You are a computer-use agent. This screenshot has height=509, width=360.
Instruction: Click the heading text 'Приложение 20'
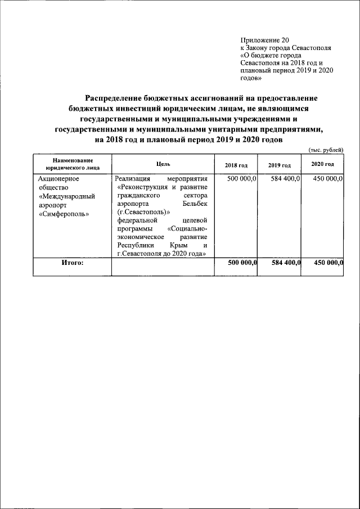tap(264, 40)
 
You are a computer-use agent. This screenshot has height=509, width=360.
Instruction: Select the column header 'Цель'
tap(163, 164)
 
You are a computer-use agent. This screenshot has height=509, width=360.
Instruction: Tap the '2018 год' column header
tap(236, 165)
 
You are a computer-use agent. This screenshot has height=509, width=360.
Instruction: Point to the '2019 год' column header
tap(279, 165)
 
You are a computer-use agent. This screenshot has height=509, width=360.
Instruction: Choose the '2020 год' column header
tap(322, 164)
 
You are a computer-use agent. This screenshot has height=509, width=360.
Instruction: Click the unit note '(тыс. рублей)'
tap(326, 149)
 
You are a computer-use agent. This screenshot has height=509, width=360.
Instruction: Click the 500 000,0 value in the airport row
tap(242, 178)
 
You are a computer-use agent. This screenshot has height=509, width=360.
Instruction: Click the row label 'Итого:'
tap(72, 263)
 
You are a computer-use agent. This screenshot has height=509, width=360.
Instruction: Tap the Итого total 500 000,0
tap(242, 263)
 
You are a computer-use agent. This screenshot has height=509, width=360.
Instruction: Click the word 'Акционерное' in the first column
tap(58, 178)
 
